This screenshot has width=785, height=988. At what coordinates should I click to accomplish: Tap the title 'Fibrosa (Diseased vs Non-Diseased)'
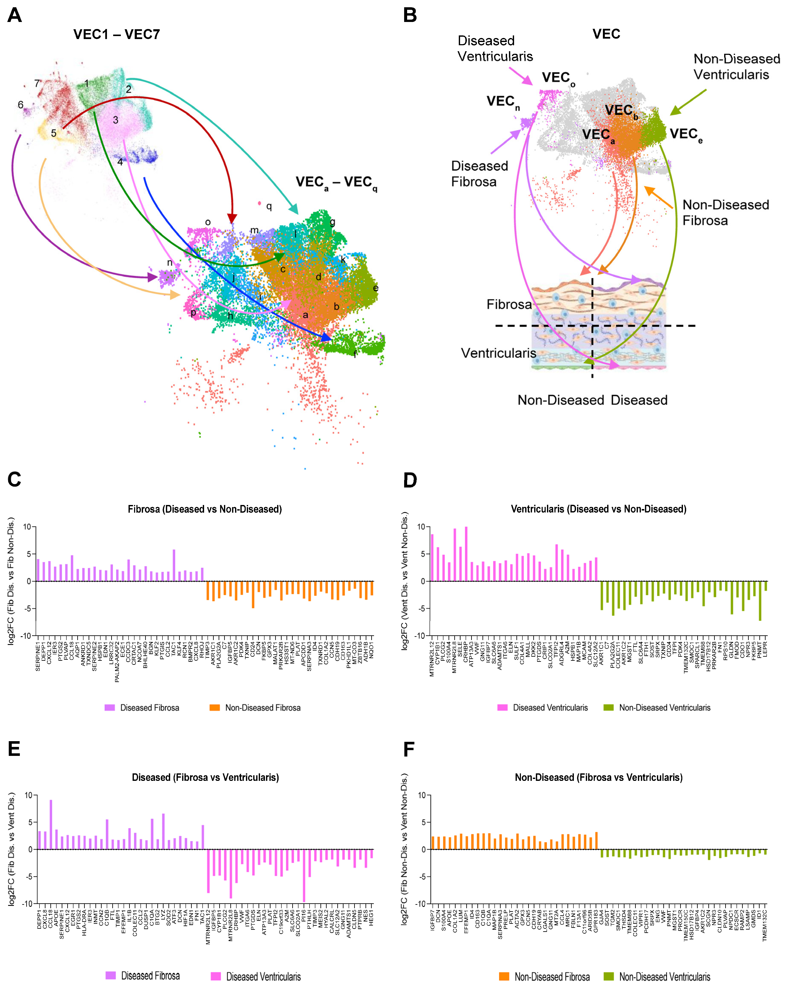point(205,509)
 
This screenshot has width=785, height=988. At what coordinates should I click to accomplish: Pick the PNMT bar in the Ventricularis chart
point(760,600)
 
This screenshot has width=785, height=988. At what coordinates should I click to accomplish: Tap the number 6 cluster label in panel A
point(21,105)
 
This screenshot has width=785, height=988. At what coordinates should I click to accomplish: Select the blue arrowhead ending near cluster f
point(326,338)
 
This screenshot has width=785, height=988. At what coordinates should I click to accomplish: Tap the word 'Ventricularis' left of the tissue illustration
point(498,353)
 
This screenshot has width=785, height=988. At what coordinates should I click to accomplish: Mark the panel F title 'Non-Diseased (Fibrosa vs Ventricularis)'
point(598,777)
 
